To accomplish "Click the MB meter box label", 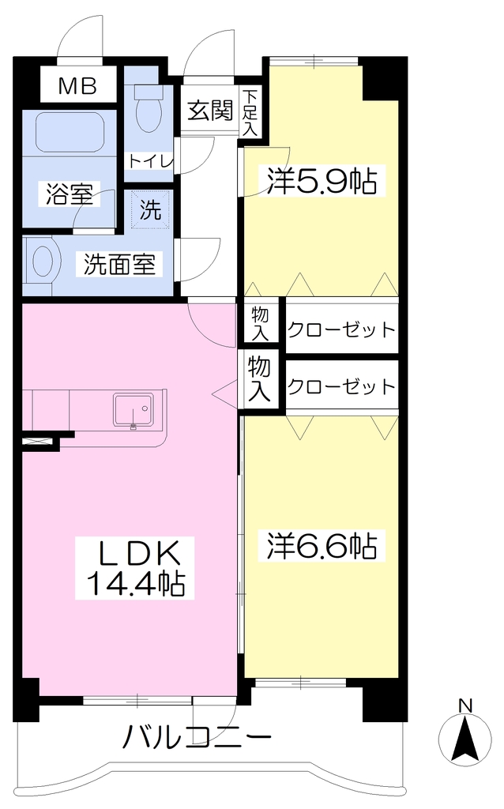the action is [77, 85].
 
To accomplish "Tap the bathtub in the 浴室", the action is [70, 133].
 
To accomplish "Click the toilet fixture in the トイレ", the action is [148, 109].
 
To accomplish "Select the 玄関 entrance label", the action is [210, 111].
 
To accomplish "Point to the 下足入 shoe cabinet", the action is [250, 112].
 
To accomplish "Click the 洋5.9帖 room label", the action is [322, 181].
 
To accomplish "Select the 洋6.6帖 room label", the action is [322, 546].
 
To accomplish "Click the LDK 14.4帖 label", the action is [135, 568].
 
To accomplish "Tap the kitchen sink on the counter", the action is [133, 410].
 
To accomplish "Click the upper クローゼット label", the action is [341, 329].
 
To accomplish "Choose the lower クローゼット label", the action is [341, 386].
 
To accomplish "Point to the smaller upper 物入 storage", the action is [261, 323].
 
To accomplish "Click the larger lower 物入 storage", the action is [259, 379].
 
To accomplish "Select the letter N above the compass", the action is [466, 706].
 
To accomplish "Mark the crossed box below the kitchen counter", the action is [38, 441].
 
